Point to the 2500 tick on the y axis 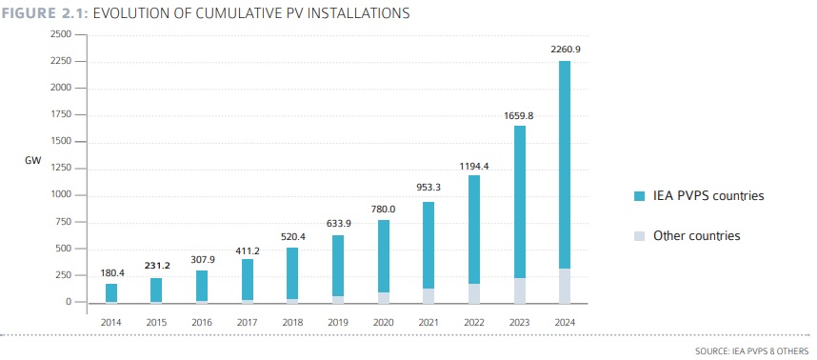(x=61, y=34)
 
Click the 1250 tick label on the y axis (x=61, y=169)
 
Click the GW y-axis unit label (x=31, y=162)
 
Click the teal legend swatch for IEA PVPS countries (x=639, y=196)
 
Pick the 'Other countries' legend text (x=696, y=235)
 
